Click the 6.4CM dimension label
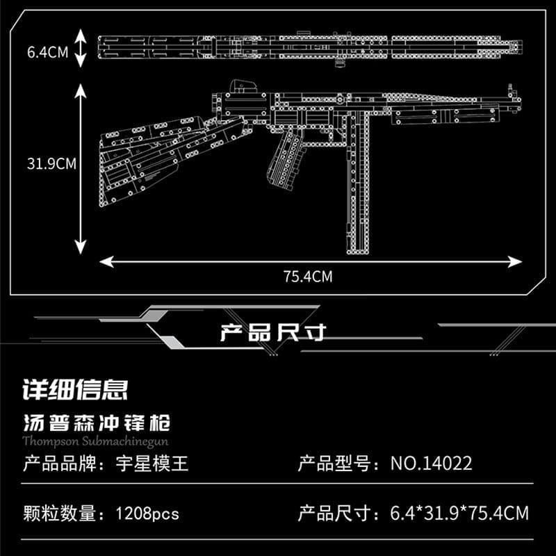[48, 51]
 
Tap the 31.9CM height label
[51, 165]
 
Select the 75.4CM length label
[308, 277]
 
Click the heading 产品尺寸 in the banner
[272, 333]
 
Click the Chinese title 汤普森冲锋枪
[97, 423]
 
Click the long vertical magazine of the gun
[359, 188]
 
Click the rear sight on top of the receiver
[240, 88]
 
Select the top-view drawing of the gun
[309, 47]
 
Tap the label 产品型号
[333, 463]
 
